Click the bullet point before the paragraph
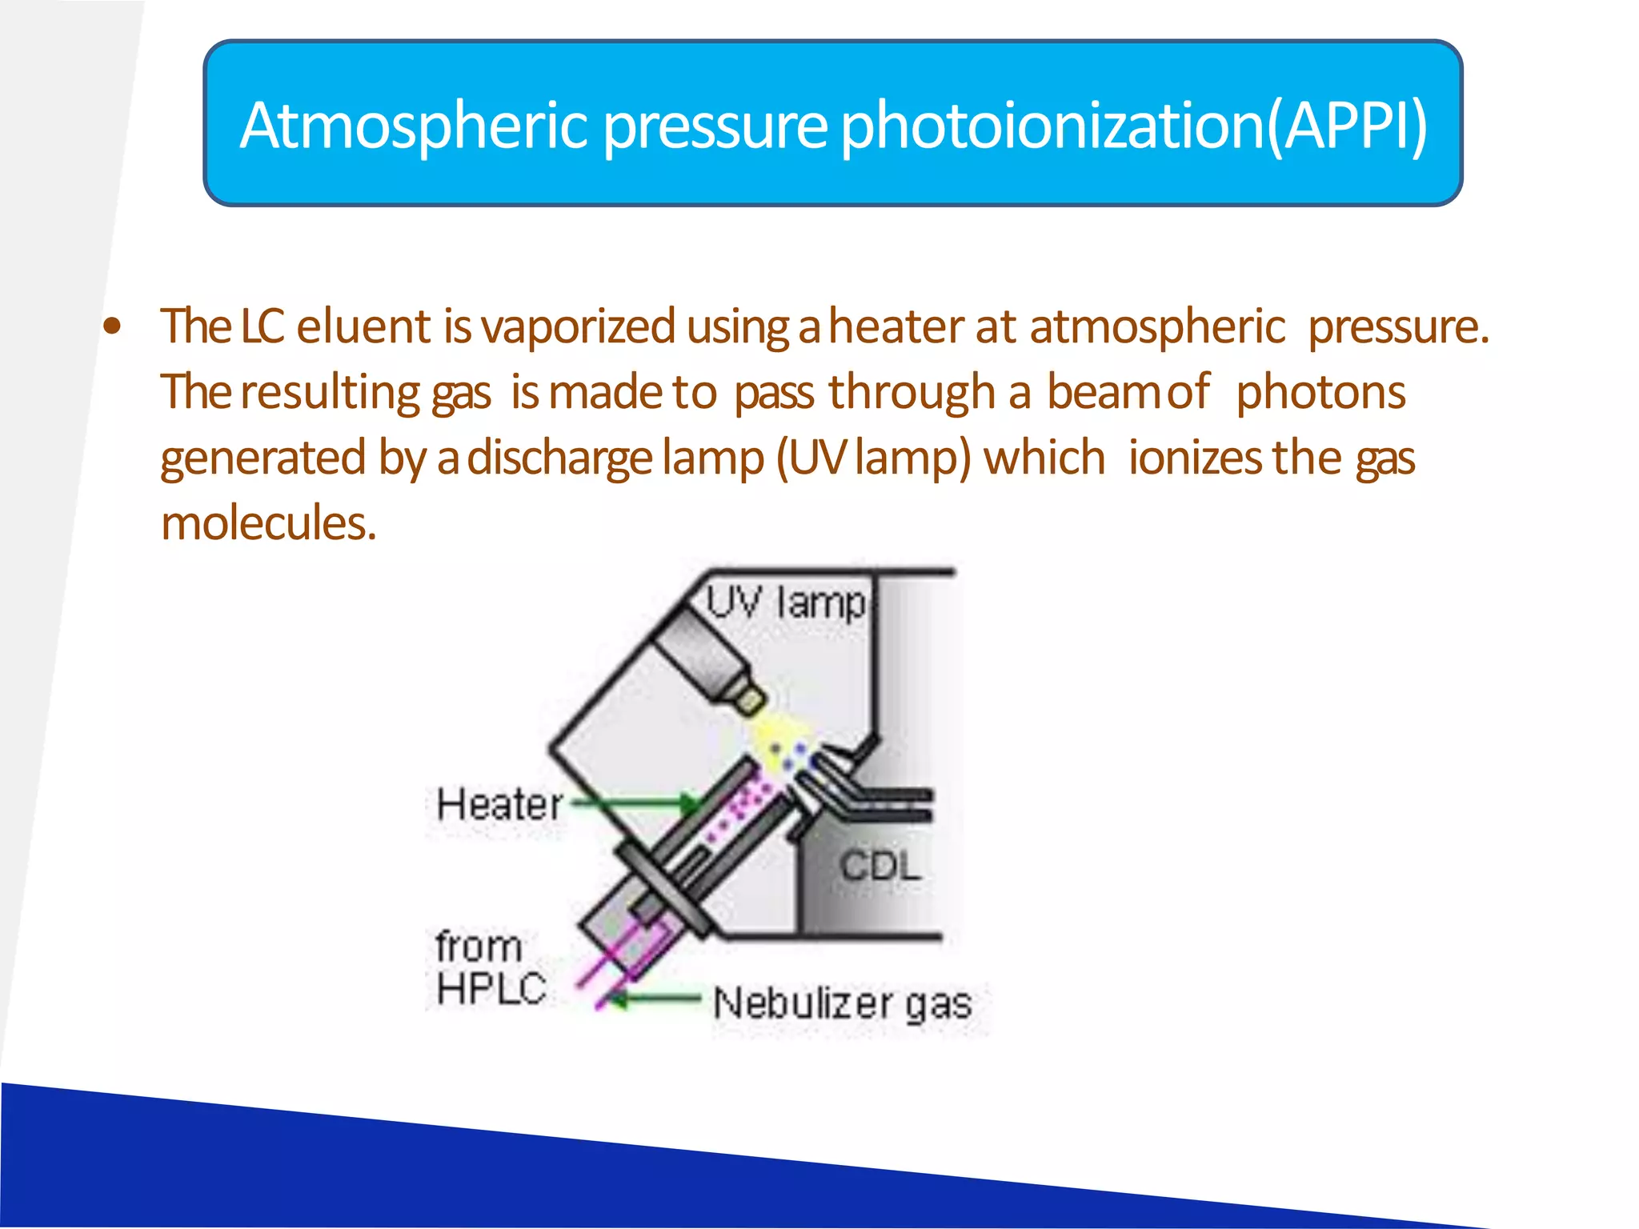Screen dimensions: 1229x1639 tap(113, 326)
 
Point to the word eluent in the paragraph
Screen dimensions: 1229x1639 tap(364, 326)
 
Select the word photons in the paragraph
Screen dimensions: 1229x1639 tap(1320, 392)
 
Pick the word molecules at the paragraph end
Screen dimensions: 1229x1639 tap(268, 523)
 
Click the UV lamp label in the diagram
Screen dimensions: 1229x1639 tap(787, 602)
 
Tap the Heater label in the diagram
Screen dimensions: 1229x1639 tap(500, 803)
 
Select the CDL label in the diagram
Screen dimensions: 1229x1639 tap(880, 866)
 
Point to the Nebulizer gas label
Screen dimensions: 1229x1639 tap(842, 1003)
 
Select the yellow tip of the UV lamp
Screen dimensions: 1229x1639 tap(751, 700)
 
